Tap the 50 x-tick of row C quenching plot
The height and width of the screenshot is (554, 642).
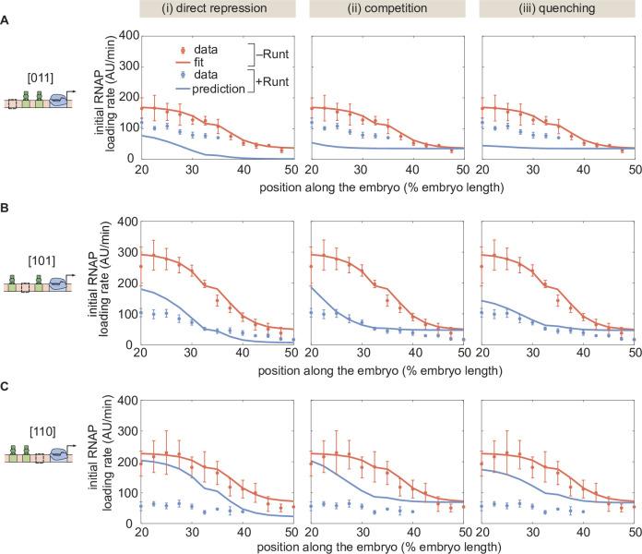coord(636,535)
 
